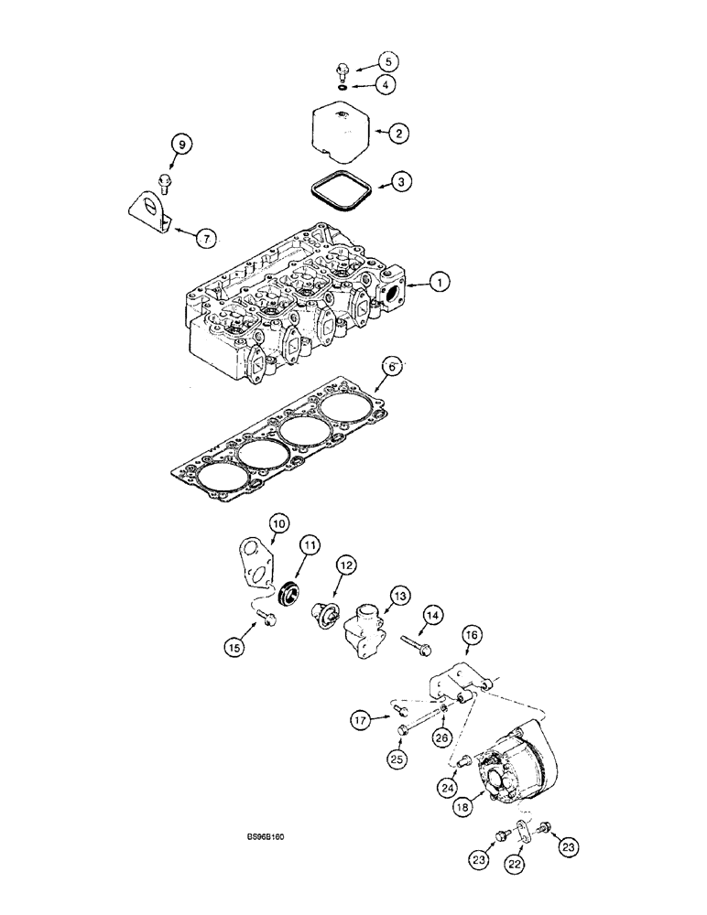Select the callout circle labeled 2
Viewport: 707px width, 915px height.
(398, 134)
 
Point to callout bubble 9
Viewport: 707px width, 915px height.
(180, 144)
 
